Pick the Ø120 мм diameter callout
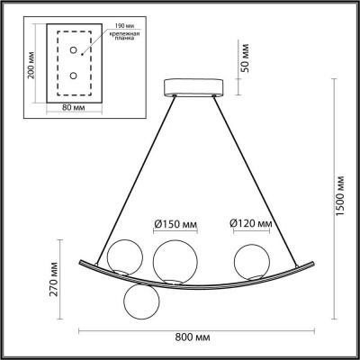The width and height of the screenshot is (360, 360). (x=250, y=224)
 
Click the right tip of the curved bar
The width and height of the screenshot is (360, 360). (x=314, y=255)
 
